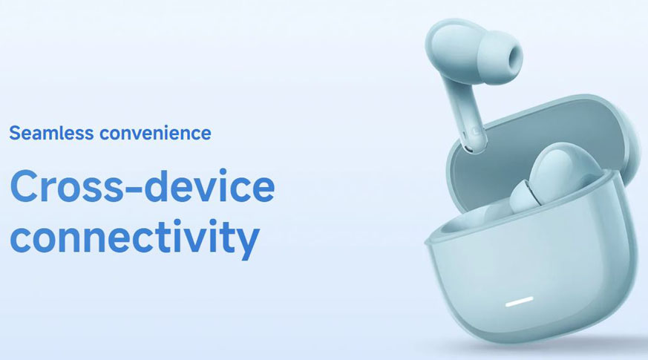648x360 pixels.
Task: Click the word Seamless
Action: click(x=52, y=133)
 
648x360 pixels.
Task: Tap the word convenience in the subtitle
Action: click(x=155, y=133)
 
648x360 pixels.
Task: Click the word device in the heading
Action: click(x=209, y=186)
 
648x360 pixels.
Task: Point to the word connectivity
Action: click(x=135, y=238)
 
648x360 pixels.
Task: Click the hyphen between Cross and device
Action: click(x=134, y=191)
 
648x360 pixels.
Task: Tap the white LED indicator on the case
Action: click(x=520, y=303)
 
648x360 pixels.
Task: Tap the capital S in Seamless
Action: click(x=16, y=133)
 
